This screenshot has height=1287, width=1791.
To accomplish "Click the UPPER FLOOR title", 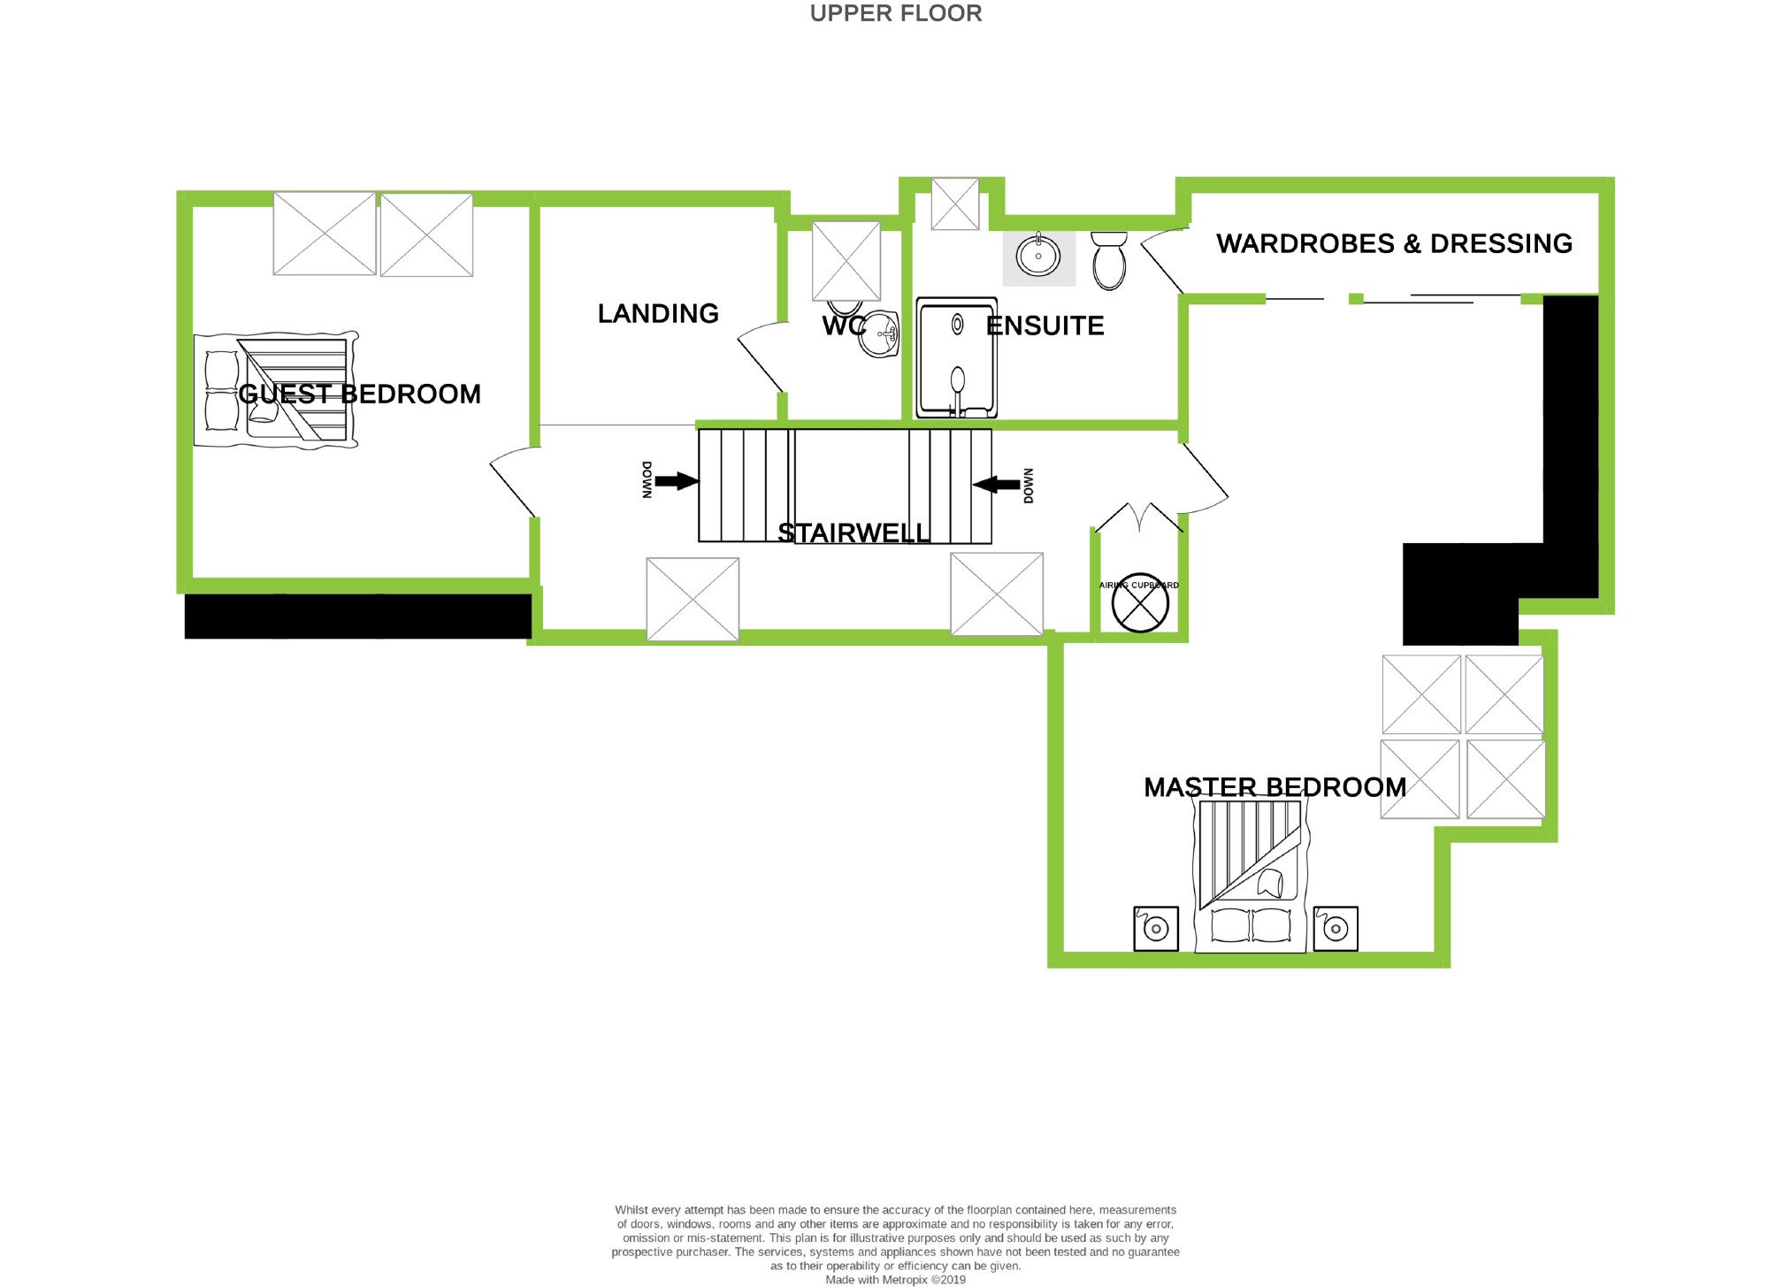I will point(895,13).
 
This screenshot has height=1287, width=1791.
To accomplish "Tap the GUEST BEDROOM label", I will point(359,394).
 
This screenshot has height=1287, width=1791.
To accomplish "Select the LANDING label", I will point(658,313).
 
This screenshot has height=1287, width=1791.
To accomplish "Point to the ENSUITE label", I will point(1045,326).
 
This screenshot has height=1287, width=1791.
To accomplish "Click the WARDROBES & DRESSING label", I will point(1394,243).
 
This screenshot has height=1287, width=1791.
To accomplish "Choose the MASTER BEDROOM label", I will point(1274,787).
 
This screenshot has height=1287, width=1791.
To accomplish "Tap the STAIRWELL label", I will point(853,532).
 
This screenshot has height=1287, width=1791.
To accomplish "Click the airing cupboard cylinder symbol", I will point(1139,602).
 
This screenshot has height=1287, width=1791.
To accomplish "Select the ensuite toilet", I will point(1108,260).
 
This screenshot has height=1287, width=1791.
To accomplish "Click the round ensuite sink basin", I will point(1038,257).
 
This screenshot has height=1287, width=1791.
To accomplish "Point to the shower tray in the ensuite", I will point(956,357).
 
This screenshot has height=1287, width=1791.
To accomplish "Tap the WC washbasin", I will point(880,333).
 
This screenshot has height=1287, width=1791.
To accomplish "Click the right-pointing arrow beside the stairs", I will point(677,481).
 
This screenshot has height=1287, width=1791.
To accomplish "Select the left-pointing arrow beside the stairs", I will point(996,484).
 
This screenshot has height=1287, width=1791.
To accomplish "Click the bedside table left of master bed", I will point(1156,929).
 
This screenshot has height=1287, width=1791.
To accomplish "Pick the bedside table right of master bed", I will point(1336,929).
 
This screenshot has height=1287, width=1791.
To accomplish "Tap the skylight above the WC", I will point(846,261).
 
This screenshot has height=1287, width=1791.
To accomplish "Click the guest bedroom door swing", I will point(511,481).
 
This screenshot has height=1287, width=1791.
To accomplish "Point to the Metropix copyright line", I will point(895,1280).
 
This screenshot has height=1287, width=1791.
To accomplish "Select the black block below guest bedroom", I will point(357,616).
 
